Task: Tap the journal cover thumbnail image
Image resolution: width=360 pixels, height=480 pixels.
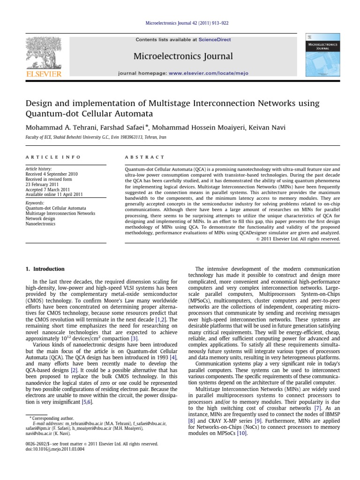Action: pos(323,55)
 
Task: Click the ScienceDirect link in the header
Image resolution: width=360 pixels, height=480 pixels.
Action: pos(215,40)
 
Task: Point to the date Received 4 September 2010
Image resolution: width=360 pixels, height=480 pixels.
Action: pos(52,174)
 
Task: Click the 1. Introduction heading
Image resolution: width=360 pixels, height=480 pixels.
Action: pos(45,269)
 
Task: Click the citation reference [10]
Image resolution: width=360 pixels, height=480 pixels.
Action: pos(241,434)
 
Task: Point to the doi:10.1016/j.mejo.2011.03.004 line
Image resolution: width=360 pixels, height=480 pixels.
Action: pos(54,449)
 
